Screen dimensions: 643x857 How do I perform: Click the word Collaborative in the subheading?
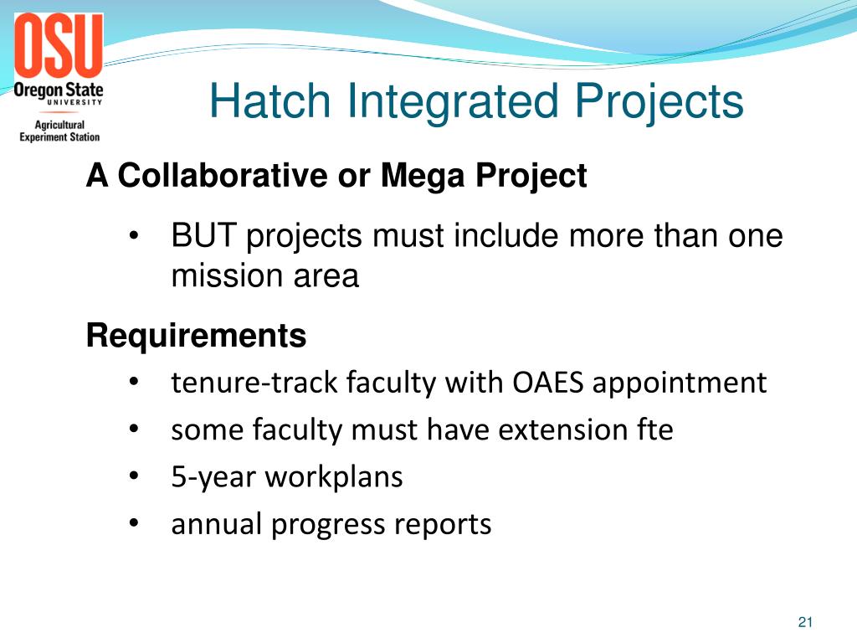pyautogui.click(x=221, y=176)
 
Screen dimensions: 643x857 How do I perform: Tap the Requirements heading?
pyautogui.click(x=197, y=337)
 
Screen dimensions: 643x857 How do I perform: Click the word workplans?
pyautogui.click(x=334, y=478)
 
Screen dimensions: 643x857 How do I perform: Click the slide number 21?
pyautogui.click(x=806, y=621)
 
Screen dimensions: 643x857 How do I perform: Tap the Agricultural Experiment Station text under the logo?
pyautogui.click(x=59, y=131)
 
